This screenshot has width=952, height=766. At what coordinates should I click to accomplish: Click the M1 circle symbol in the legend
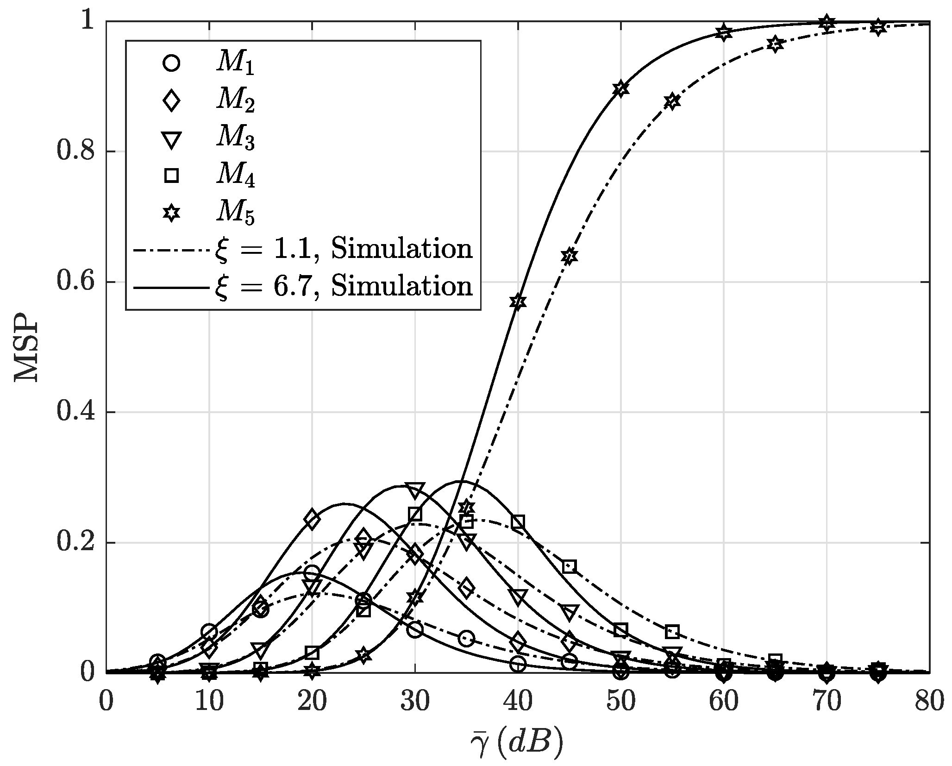(171, 63)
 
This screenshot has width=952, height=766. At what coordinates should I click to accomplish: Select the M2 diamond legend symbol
(171, 100)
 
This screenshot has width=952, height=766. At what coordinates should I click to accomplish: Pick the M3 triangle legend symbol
(171, 138)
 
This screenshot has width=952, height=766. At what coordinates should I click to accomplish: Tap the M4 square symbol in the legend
(171, 176)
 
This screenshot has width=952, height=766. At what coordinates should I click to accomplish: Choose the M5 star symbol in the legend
(171, 213)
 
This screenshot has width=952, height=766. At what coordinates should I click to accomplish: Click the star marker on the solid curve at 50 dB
(621, 89)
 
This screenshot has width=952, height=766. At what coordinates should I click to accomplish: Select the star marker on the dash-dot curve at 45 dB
(570, 256)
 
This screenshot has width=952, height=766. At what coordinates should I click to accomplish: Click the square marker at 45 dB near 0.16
(570, 567)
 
